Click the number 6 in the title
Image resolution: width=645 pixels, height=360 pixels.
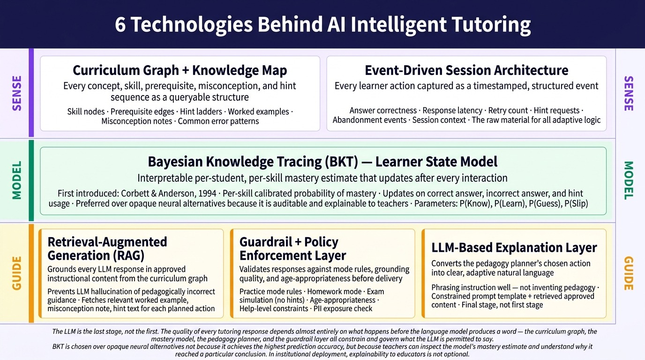point(121,24)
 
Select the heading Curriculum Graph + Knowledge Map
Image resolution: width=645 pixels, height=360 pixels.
point(180,70)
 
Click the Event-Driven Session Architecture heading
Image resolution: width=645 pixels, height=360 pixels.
point(466,70)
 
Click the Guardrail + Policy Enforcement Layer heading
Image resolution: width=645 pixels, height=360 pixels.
point(292,248)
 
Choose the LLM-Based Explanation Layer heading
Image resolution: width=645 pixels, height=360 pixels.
point(514,247)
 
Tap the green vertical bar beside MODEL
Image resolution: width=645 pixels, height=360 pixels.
point(31,180)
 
